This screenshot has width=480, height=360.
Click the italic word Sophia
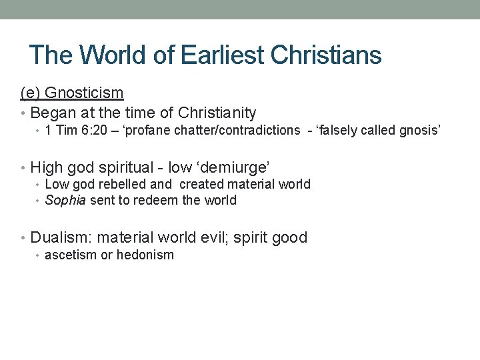tap(65, 201)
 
